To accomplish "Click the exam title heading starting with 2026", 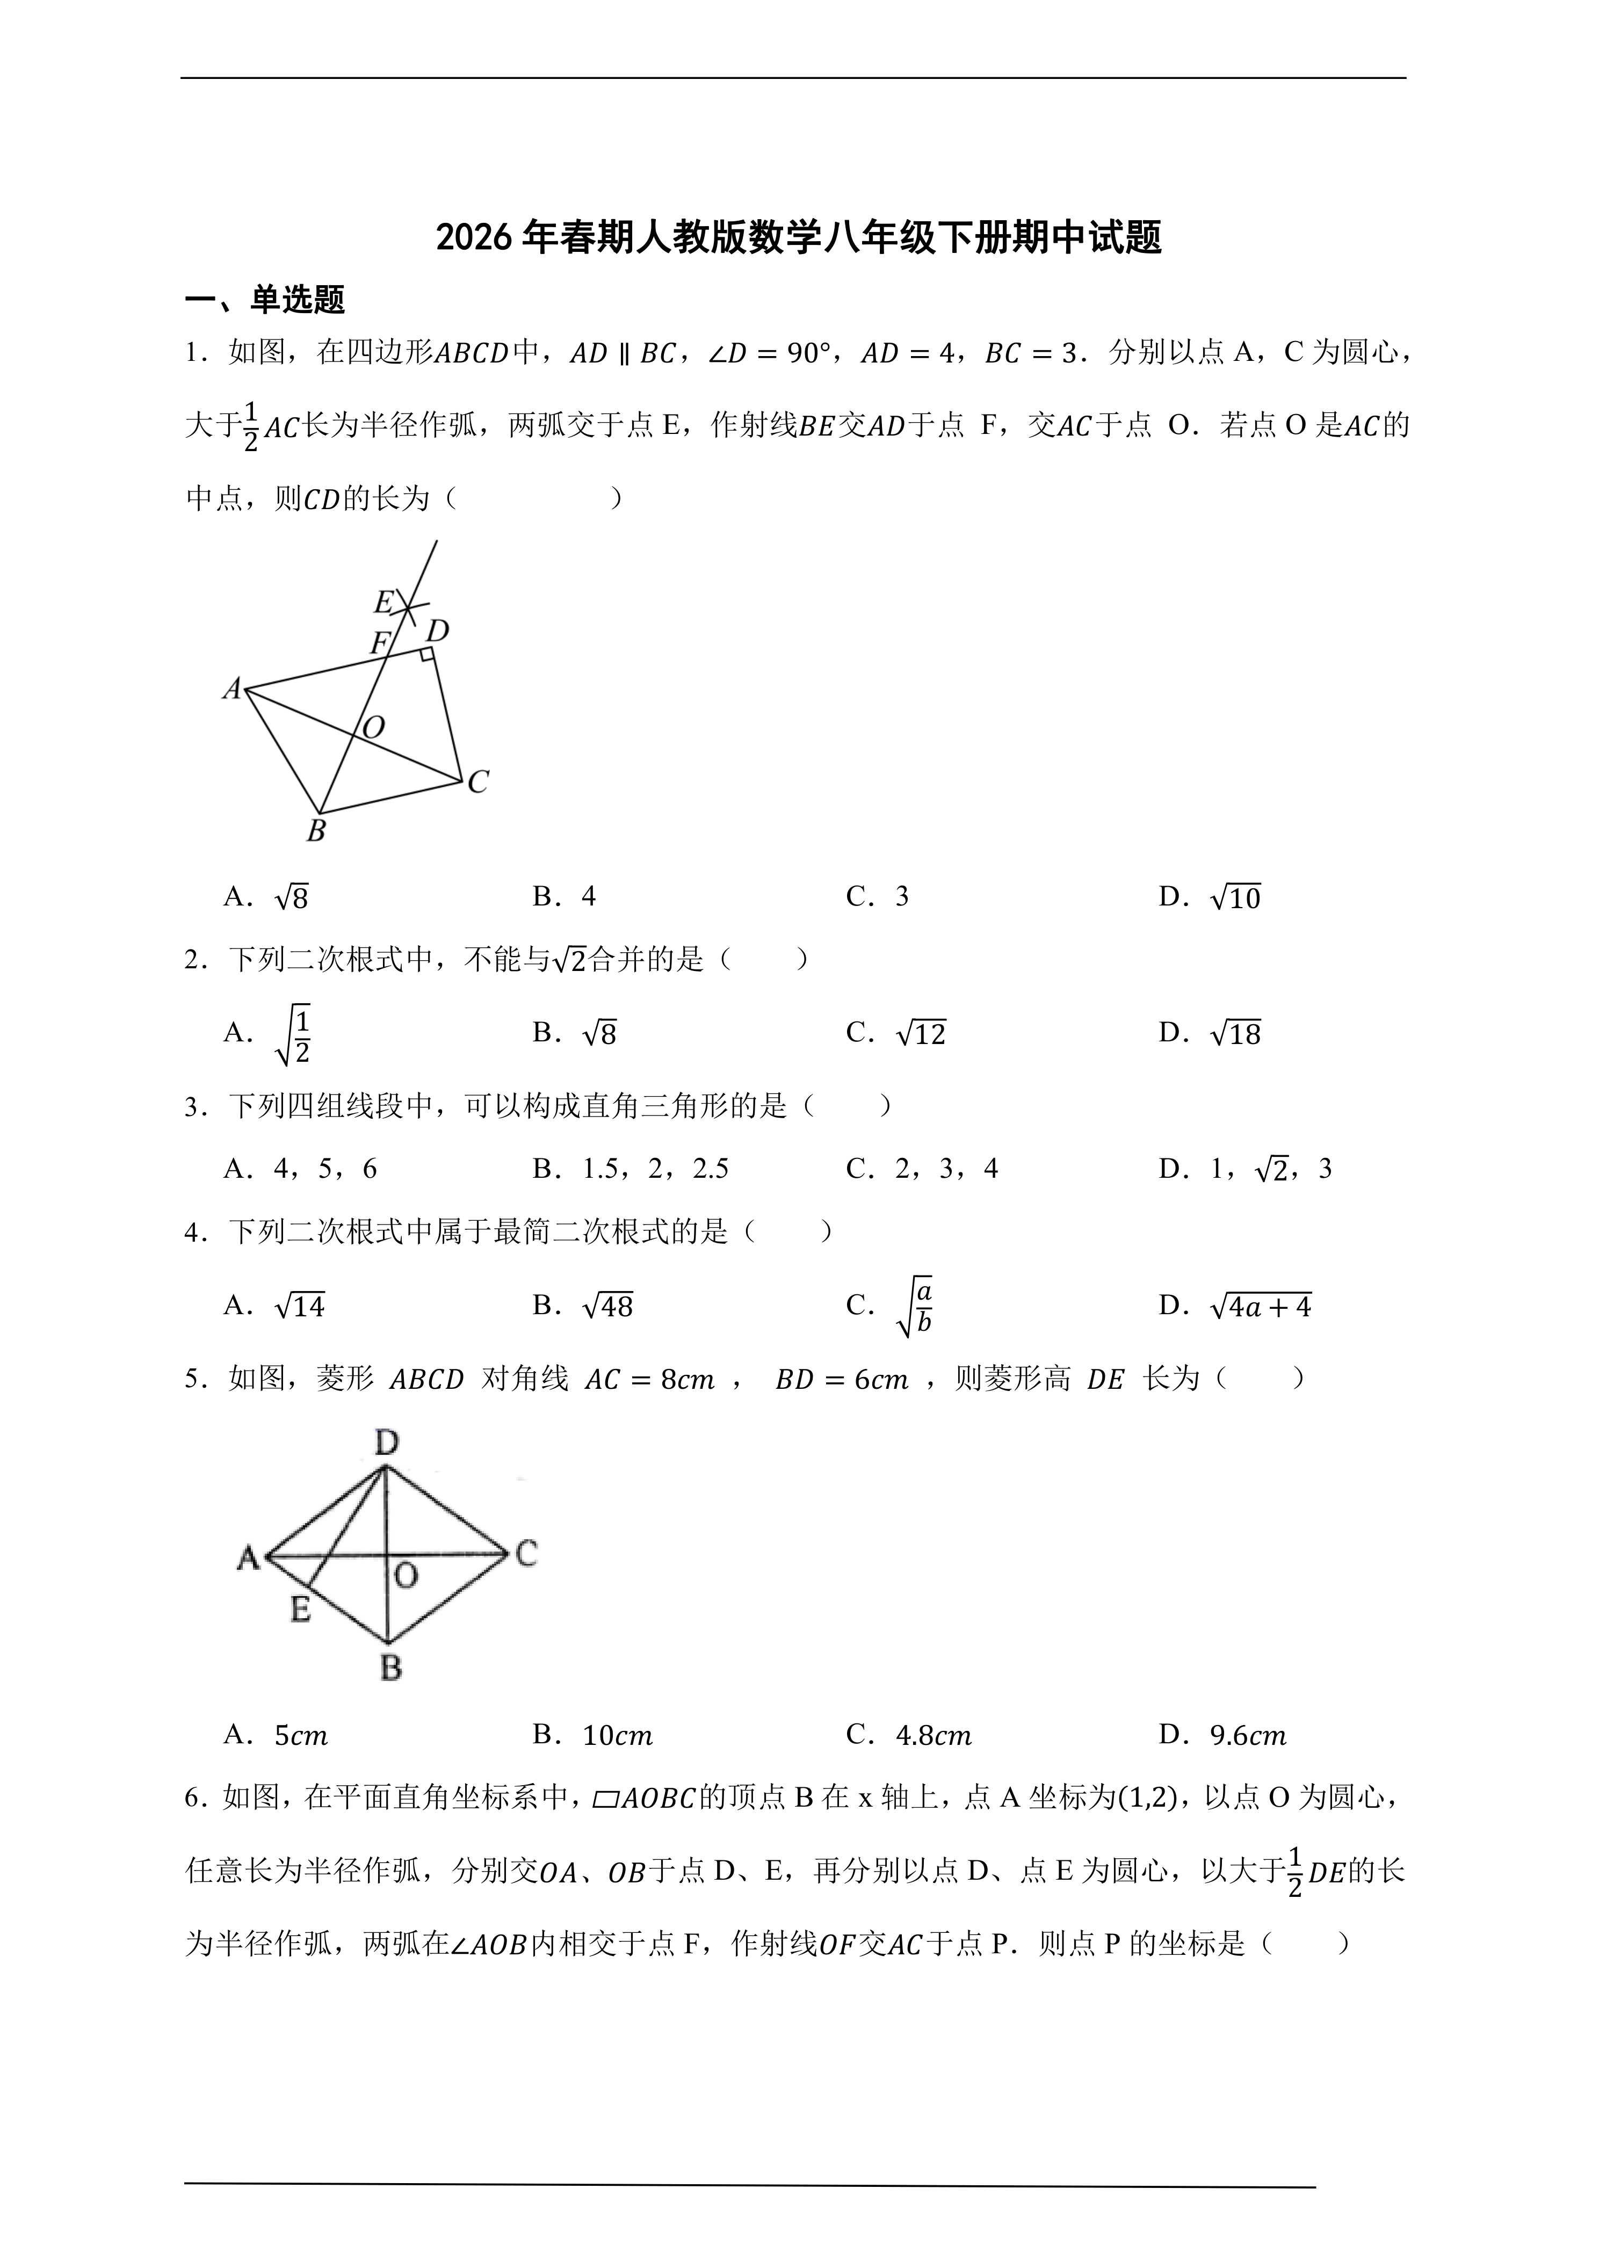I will (x=799, y=238).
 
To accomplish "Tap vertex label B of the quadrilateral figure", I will (x=316, y=831).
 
